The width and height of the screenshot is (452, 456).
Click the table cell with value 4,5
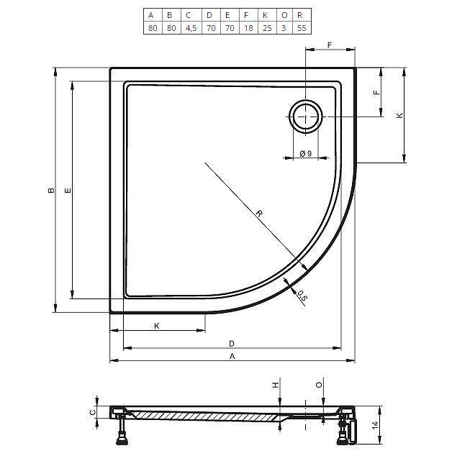coord(191,28)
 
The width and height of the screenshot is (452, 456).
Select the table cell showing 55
coord(302,28)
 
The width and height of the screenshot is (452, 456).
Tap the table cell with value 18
coord(248,28)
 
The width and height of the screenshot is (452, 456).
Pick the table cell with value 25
coord(267,28)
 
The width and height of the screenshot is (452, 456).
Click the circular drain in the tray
coord(306,117)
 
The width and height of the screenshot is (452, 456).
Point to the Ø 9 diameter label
coord(306,153)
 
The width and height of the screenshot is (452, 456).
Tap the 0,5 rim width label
coord(302,296)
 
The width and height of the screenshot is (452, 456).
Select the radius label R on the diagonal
coord(259,214)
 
